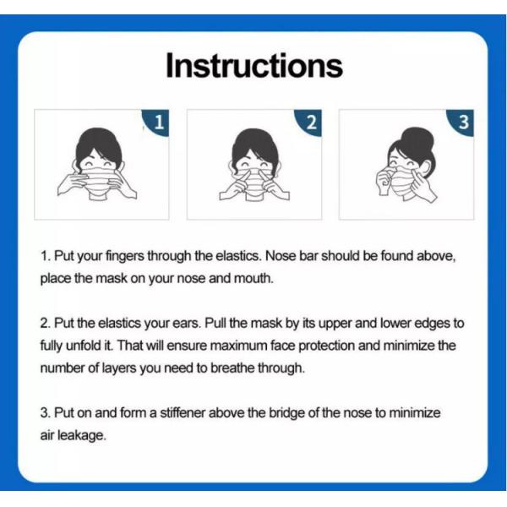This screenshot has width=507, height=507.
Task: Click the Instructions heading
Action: (x=253, y=67)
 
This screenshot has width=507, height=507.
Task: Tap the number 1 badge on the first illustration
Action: (x=158, y=123)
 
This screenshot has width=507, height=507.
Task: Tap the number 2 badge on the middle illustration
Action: (x=311, y=123)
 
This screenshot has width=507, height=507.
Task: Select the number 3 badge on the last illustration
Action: (x=463, y=123)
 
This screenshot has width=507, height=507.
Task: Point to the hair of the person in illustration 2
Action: (x=253, y=142)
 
